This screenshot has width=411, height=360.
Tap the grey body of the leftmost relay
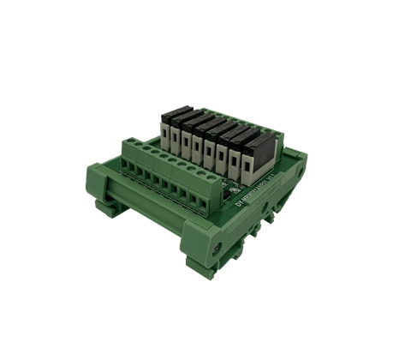tap(165, 131)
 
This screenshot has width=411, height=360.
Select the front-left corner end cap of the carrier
tap(97, 179)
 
